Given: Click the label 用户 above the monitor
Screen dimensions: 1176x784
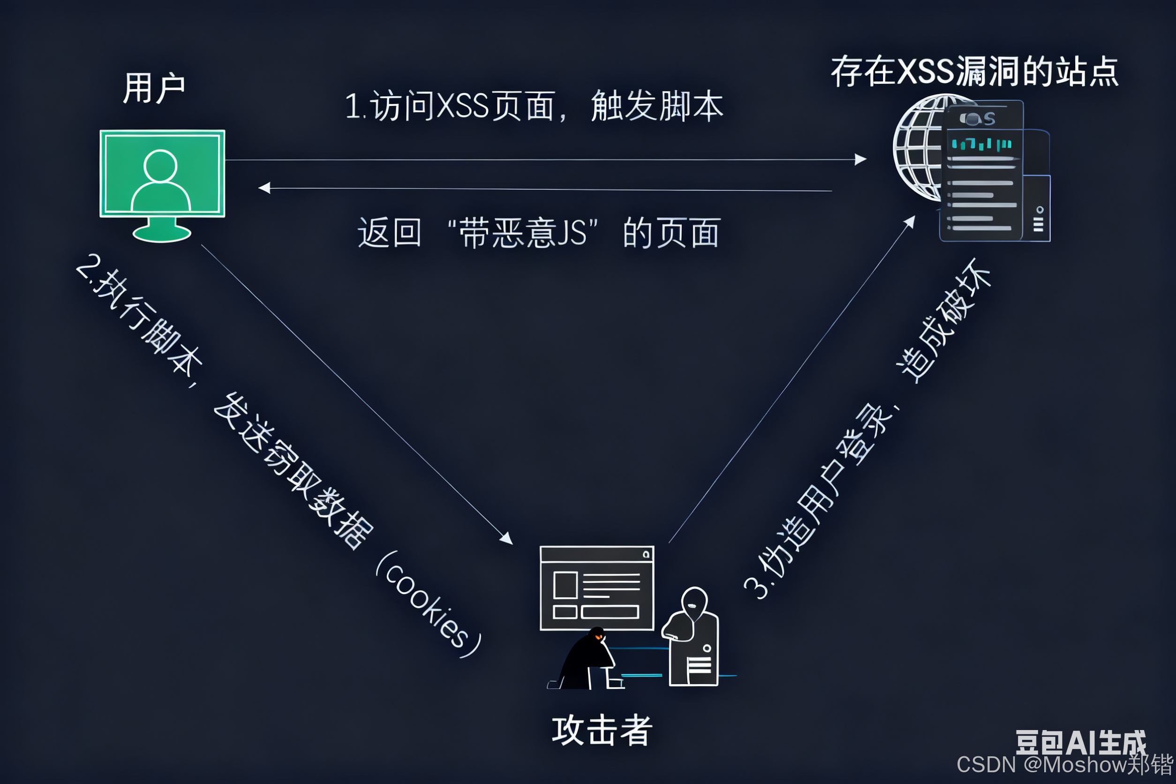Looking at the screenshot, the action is click(x=154, y=88).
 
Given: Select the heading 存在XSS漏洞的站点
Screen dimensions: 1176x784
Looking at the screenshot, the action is click(x=974, y=71).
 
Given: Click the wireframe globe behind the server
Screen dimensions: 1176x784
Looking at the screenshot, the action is click(x=918, y=148).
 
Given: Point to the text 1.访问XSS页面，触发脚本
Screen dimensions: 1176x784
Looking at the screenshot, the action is click(x=534, y=106).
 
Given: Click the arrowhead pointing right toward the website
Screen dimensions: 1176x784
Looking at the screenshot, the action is click(x=860, y=159).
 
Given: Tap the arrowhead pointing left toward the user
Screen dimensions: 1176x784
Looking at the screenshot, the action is click(x=264, y=188).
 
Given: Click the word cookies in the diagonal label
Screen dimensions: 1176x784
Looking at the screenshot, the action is click(x=428, y=605).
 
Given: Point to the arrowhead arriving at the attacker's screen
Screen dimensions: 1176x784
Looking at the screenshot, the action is click(x=507, y=538).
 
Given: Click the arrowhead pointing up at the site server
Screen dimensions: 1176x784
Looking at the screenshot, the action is click(x=910, y=221).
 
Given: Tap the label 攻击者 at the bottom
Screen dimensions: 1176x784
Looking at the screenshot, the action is click(x=602, y=731).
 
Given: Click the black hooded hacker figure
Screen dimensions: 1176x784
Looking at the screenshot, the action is click(x=588, y=660).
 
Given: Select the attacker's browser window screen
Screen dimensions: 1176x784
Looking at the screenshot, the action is click(x=596, y=588).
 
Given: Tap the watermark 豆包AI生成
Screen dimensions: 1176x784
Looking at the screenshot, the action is click(x=1080, y=742).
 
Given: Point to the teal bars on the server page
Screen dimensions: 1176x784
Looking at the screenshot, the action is click(x=981, y=144).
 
